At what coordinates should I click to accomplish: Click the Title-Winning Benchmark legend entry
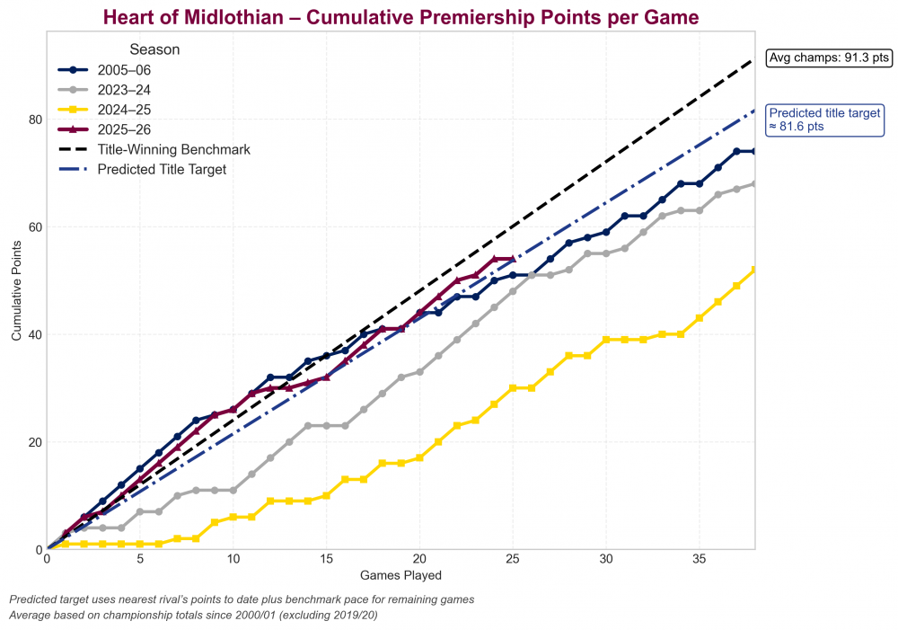(173, 149)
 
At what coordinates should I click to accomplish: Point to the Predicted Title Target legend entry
(162, 169)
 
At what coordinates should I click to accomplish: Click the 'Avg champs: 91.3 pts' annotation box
(828, 58)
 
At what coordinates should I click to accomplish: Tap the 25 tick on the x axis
(512, 559)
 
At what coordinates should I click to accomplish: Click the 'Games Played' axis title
(401, 574)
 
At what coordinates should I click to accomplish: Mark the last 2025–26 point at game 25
(512, 259)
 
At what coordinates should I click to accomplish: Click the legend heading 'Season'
(154, 49)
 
